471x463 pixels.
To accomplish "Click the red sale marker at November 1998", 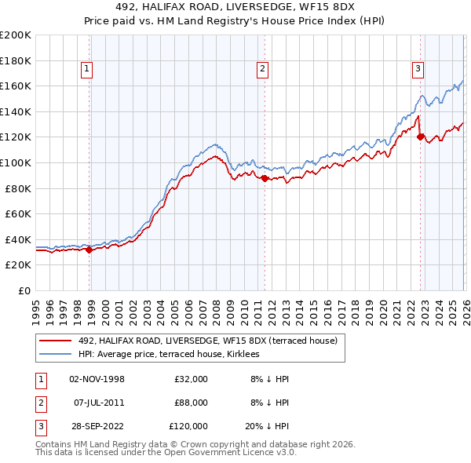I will coord(89,250).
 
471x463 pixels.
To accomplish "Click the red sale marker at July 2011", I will coord(265,179).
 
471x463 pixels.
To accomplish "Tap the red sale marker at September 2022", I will coord(420,137).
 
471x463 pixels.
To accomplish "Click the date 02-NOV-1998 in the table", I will coord(97,379).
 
